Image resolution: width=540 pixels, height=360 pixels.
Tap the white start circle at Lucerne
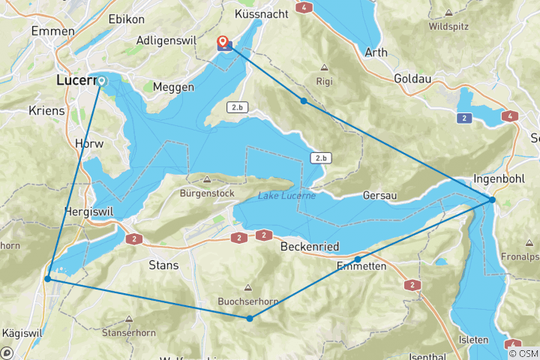[101, 80]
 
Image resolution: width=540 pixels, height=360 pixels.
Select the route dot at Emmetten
[358, 259]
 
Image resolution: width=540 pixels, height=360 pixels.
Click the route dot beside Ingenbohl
[492, 199]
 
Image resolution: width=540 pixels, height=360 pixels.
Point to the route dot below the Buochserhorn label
[249, 319]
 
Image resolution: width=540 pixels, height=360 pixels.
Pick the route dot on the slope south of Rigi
[303, 100]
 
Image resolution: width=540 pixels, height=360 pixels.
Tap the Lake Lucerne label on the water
[286, 196]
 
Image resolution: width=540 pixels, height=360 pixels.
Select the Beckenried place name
[311, 246]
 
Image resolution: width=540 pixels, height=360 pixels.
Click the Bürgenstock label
[207, 192]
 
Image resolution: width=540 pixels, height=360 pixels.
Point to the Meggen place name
[173, 87]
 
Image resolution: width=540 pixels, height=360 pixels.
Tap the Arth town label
[376, 52]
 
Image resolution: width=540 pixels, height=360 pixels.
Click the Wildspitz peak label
[448, 26]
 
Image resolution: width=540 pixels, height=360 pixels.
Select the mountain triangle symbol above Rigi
[325, 67]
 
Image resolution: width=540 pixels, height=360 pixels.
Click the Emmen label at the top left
[52, 31]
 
